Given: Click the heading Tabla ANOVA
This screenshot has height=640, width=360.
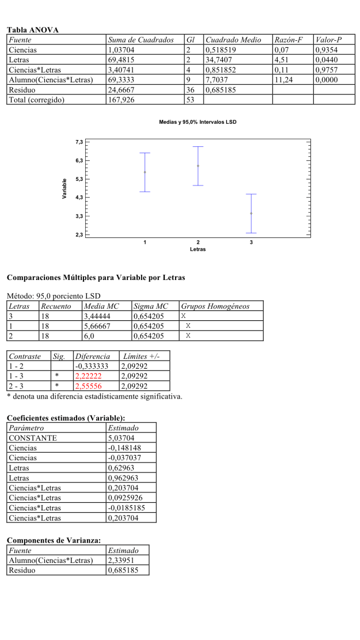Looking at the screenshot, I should (x=33, y=30).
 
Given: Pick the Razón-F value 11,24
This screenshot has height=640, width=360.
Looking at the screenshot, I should (x=285, y=80).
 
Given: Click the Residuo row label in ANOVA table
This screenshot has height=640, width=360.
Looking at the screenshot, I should (x=24, y=90).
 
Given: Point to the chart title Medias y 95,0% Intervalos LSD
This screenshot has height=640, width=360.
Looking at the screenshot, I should (x=198, y=122).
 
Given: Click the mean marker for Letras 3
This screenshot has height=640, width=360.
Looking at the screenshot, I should (x=251, y=214).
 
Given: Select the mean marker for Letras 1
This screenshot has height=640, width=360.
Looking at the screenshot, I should (x=145, y=172).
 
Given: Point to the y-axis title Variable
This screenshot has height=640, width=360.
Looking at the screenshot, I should (x=65, y=189).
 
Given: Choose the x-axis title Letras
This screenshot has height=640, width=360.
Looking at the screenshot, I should (x=198, y=249).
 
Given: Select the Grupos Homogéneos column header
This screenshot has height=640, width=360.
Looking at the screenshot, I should (x=215, y=306).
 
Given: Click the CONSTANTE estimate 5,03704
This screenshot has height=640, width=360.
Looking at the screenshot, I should (x=123, y=438).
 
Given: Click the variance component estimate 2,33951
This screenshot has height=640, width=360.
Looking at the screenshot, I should (x=123, y=560).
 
